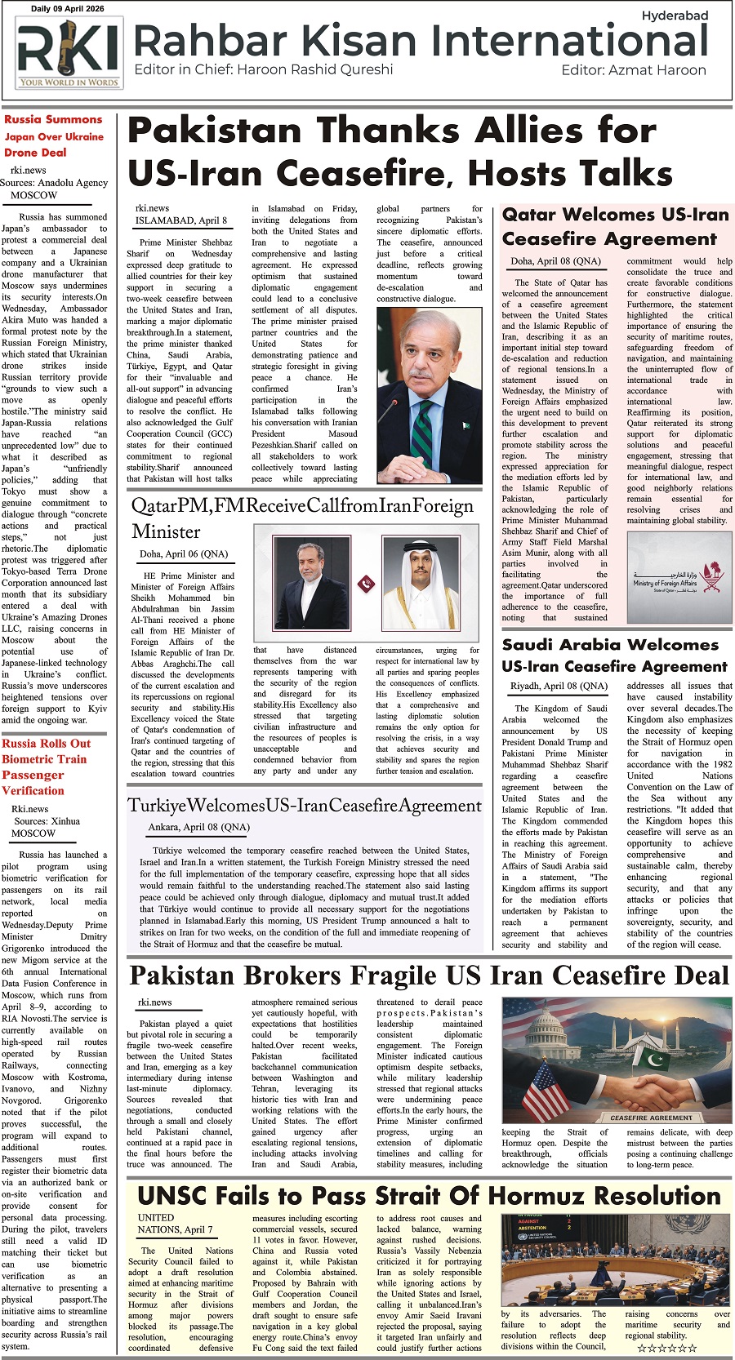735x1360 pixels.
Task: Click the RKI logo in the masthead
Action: tap(68, 54)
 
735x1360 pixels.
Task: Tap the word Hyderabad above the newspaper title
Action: tap(675, 16)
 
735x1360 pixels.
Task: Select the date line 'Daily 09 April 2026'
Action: tap(68, 9)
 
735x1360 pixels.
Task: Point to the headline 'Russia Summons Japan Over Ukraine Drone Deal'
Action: tap(53, 136)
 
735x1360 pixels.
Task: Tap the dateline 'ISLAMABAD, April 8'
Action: tap(181, 220)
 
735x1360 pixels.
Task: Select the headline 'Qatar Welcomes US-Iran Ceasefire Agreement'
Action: tap(615, 226)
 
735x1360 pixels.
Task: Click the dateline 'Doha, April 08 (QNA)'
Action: tap(555, 261)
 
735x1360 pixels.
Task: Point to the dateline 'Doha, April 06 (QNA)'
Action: tap(184, 553)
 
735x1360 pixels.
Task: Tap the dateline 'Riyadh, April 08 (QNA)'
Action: tap(559, 686)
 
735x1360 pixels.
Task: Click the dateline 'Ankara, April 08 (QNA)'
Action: tap(198, 827)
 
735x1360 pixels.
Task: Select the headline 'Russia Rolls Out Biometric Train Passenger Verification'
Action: tap(46, 767)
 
